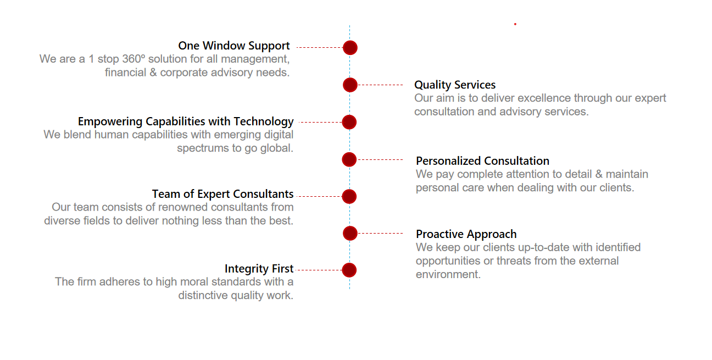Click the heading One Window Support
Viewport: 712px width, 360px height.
coord(234,46)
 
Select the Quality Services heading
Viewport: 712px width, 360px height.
coord(455,85)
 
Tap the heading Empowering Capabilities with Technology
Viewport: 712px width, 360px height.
coord(186,121)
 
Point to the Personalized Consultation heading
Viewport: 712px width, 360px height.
coord(482,161)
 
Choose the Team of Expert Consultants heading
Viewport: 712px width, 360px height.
coord(222,194)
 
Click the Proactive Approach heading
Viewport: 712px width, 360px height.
coord(466,234)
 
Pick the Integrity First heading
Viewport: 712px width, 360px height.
coord(259,269)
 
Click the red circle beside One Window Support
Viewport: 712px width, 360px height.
coord(350,48)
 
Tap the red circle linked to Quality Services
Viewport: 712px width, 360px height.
coord(350,85)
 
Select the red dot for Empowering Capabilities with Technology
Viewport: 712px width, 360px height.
coord(349,122)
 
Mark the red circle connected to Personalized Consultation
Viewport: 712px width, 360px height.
coord(349,159)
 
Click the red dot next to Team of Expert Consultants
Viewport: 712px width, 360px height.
coord(349,197)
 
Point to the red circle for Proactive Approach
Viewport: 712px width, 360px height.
coord(350,234)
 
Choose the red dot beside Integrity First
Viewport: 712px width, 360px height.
coord(349,270)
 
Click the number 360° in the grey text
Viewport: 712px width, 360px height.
coord(133,59)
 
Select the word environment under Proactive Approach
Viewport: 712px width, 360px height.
coord(448,274)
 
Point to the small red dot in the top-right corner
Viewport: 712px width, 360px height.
coord(515,24)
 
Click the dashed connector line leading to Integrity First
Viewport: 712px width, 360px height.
coord(319,270)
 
